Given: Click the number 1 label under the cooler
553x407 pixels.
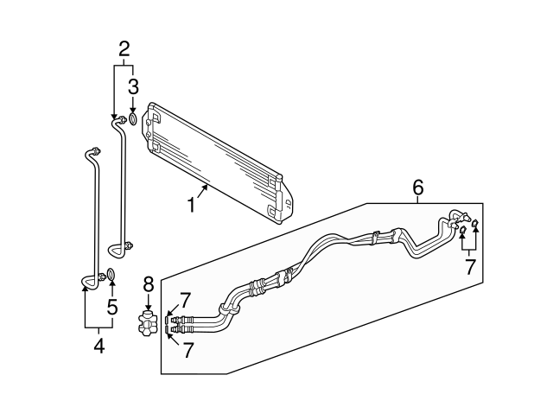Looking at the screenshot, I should [192, 206].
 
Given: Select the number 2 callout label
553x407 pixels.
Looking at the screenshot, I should [124, 48].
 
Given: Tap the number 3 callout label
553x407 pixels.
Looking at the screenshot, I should [133, 86].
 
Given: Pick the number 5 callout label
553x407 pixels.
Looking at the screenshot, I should [111, 306].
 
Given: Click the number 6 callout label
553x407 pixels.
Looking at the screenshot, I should [417, 188].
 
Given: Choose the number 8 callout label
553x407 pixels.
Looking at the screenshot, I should [148, 283].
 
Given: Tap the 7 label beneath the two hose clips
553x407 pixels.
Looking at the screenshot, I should [469, 267].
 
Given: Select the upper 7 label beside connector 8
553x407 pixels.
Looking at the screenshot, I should [184, 300].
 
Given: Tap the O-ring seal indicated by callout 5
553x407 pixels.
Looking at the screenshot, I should [111, 277].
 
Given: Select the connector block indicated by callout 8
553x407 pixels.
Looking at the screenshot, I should [148, 324].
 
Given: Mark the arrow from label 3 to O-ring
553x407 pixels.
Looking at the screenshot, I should [133, 102].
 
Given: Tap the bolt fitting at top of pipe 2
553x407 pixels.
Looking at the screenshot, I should [123, 118].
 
